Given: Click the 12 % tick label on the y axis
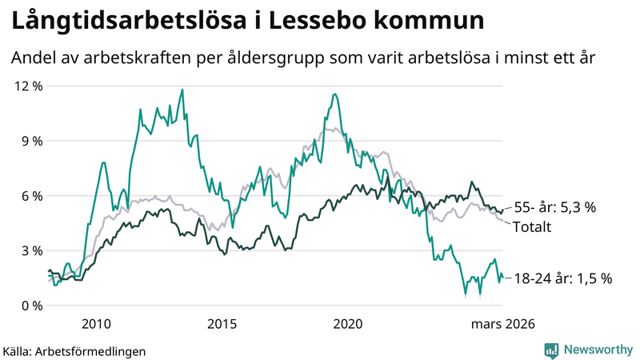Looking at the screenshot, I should (26, 86).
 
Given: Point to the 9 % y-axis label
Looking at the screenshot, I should (29, 141).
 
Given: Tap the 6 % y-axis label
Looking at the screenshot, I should (29, 196).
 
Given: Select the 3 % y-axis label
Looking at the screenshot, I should (29, 250).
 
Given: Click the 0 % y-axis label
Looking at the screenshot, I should (29, 306).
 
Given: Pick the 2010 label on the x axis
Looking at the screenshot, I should (96, 324).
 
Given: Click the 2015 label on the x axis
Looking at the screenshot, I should (222, 324).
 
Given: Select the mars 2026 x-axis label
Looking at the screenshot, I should (502, 324).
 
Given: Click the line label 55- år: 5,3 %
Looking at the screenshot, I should (555, 207).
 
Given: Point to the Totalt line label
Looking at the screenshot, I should (532, 226).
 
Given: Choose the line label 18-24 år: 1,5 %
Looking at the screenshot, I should (562, 278).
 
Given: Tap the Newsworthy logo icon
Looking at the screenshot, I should (551, 350).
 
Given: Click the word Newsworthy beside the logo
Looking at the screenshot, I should (597, 350).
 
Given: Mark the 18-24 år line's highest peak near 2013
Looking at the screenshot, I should (182, 90).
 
